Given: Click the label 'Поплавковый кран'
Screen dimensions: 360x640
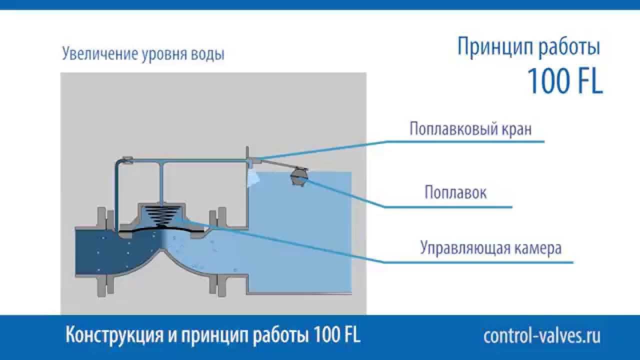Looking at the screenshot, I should pos(470,129).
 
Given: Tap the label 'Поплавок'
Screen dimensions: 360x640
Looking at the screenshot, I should pos(455,192).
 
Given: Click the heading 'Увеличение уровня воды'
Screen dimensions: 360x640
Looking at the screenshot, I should pos(143,54).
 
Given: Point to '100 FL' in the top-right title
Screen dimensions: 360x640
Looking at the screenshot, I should pos(564,81).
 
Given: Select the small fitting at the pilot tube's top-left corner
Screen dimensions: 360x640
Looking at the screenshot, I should pos(126,160).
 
